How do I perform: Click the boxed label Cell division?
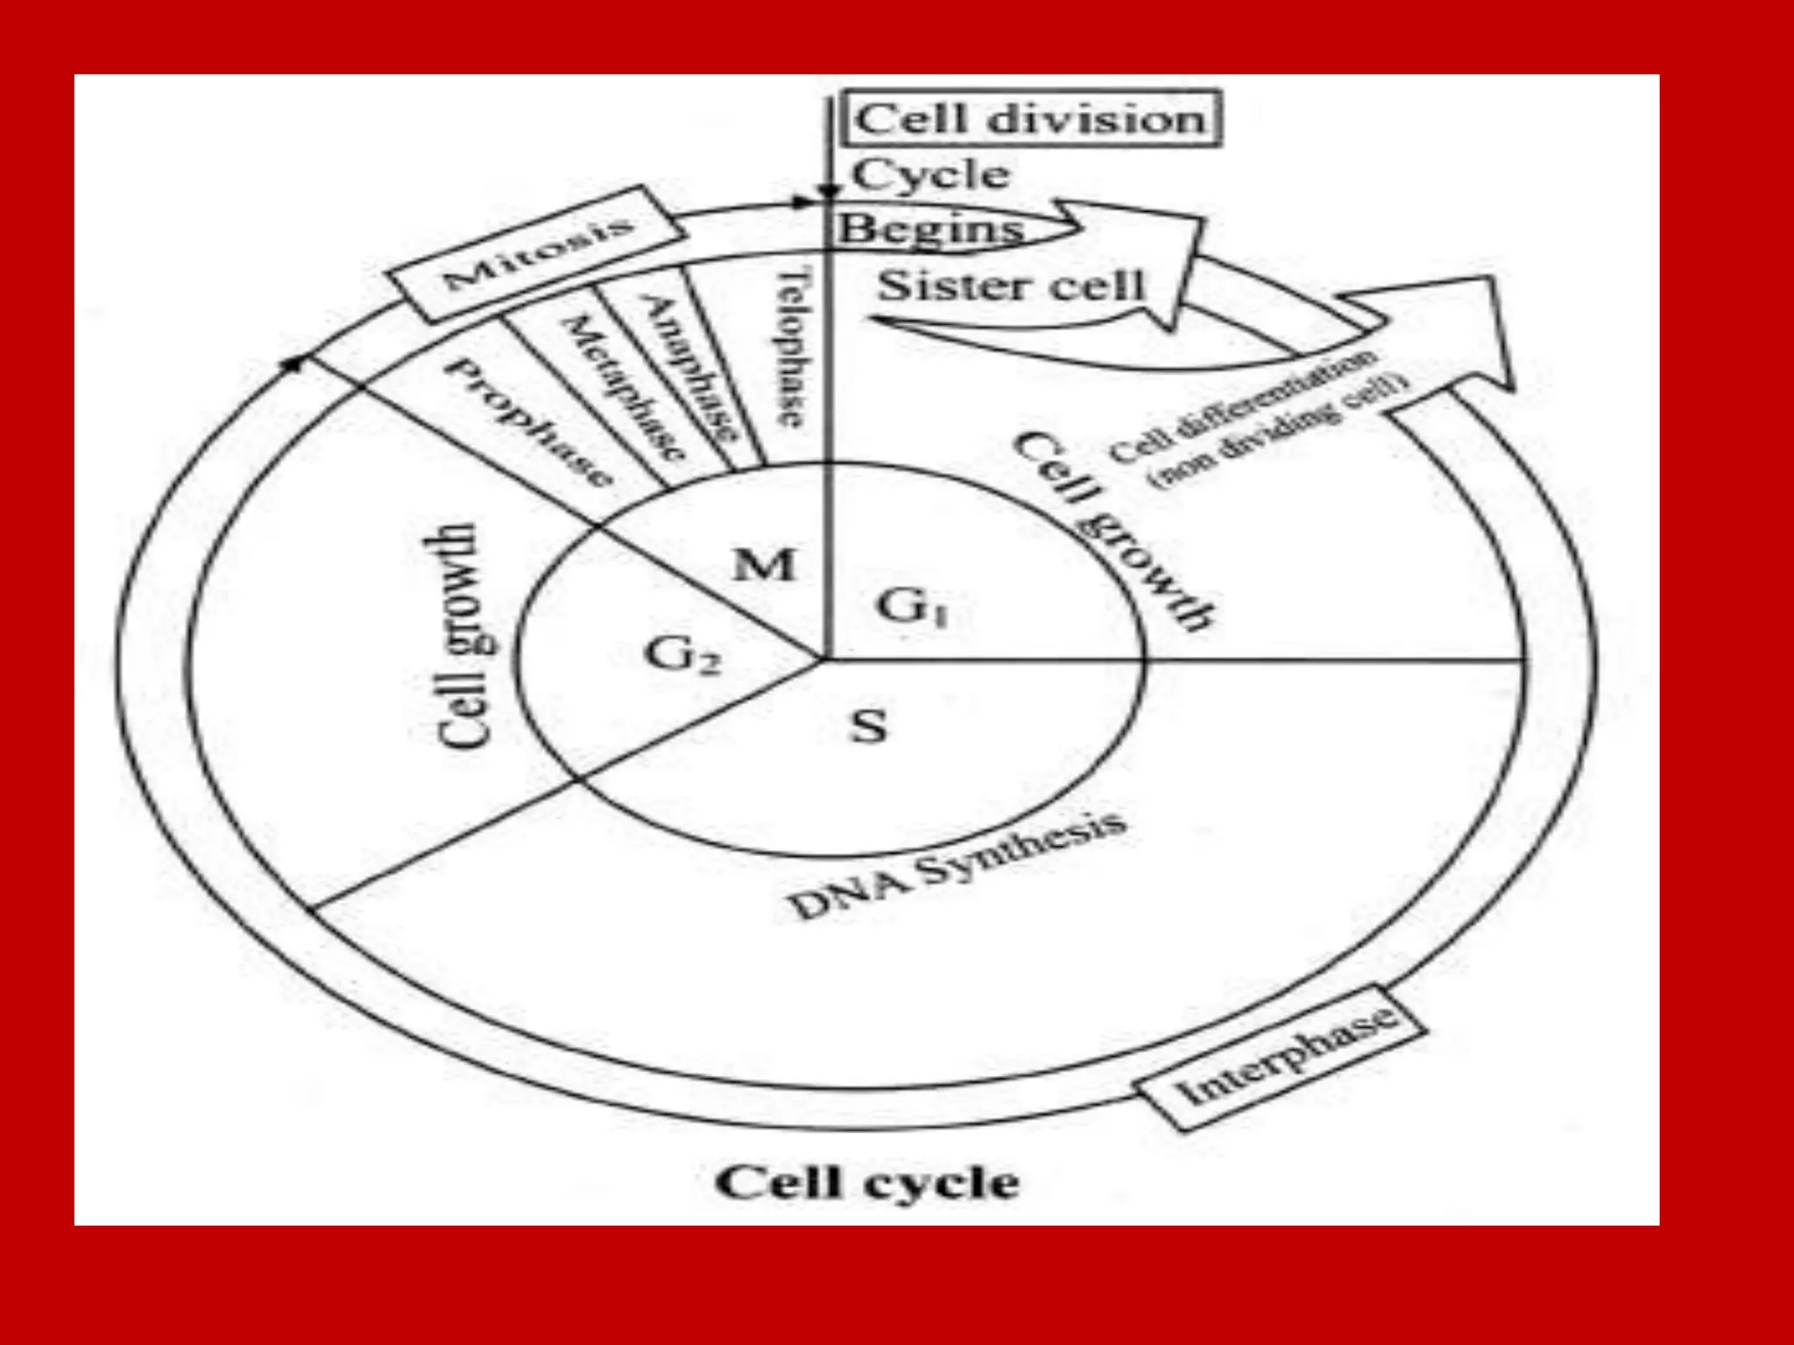[x=1030, y=118]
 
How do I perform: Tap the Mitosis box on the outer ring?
[x=537, y=254]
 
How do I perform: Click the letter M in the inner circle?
[x=765, y=566]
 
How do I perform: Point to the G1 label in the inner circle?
[x=912, y=607]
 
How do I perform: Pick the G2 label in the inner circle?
[x=682, y=655]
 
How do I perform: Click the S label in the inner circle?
[x=868, y=726]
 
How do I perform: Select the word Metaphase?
[x=623, y=389]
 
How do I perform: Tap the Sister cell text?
[x=1012, y=285]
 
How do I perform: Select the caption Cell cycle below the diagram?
[x=867, y=1183]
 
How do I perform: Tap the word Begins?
[x=931, y=229]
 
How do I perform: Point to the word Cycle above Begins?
[x=931, y=174]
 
